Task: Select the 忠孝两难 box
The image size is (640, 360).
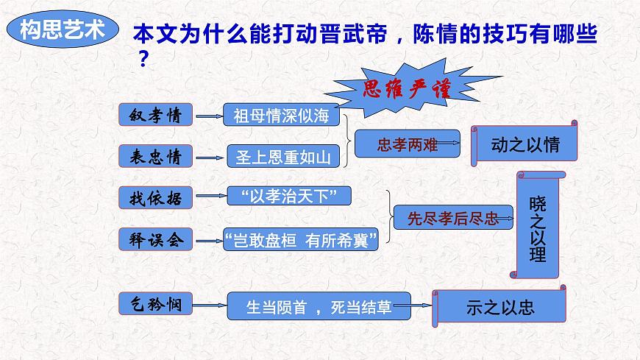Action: pyautogui.click(x=407, y=145)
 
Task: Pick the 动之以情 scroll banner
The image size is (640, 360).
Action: pyautogui.click(x=525, y=144)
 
